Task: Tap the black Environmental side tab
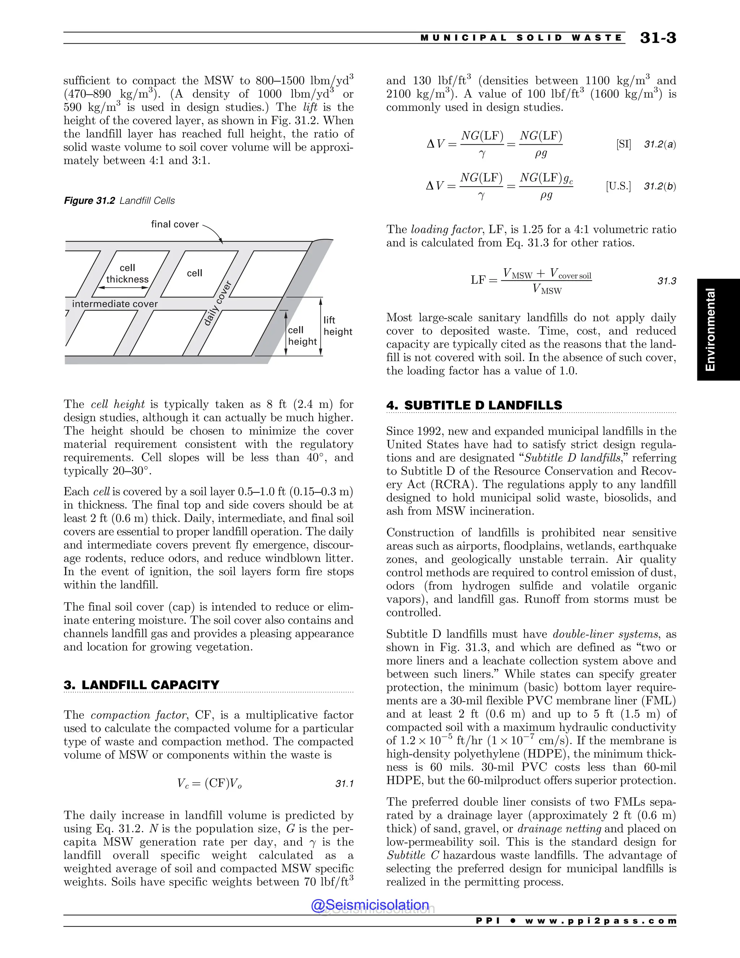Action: [x=718, y=329]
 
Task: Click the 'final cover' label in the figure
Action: [x=175, y=224]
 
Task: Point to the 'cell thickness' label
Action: [x=127, y=273]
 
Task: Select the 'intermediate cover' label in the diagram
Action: [x=115, y=304]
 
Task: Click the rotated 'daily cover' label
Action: [x=218, y=304]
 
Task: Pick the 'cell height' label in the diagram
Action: [x=302, y=335]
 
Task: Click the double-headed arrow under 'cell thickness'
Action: [x=123, y=288]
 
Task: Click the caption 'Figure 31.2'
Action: [x=90, y=201]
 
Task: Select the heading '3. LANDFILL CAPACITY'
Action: [x=141, y=685]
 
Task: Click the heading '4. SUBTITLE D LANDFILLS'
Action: [x=474, y=405]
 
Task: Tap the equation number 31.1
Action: [x=344, y=783]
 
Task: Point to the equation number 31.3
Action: [x=666, y=281]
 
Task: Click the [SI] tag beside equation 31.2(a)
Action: [x=623, y=144]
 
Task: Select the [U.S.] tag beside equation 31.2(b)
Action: [x=618, y=186]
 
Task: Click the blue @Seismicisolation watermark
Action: [x=370, y=904]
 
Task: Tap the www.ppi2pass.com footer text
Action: [x=601, y=921]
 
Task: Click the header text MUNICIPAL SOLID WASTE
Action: [x=521, y=38]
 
